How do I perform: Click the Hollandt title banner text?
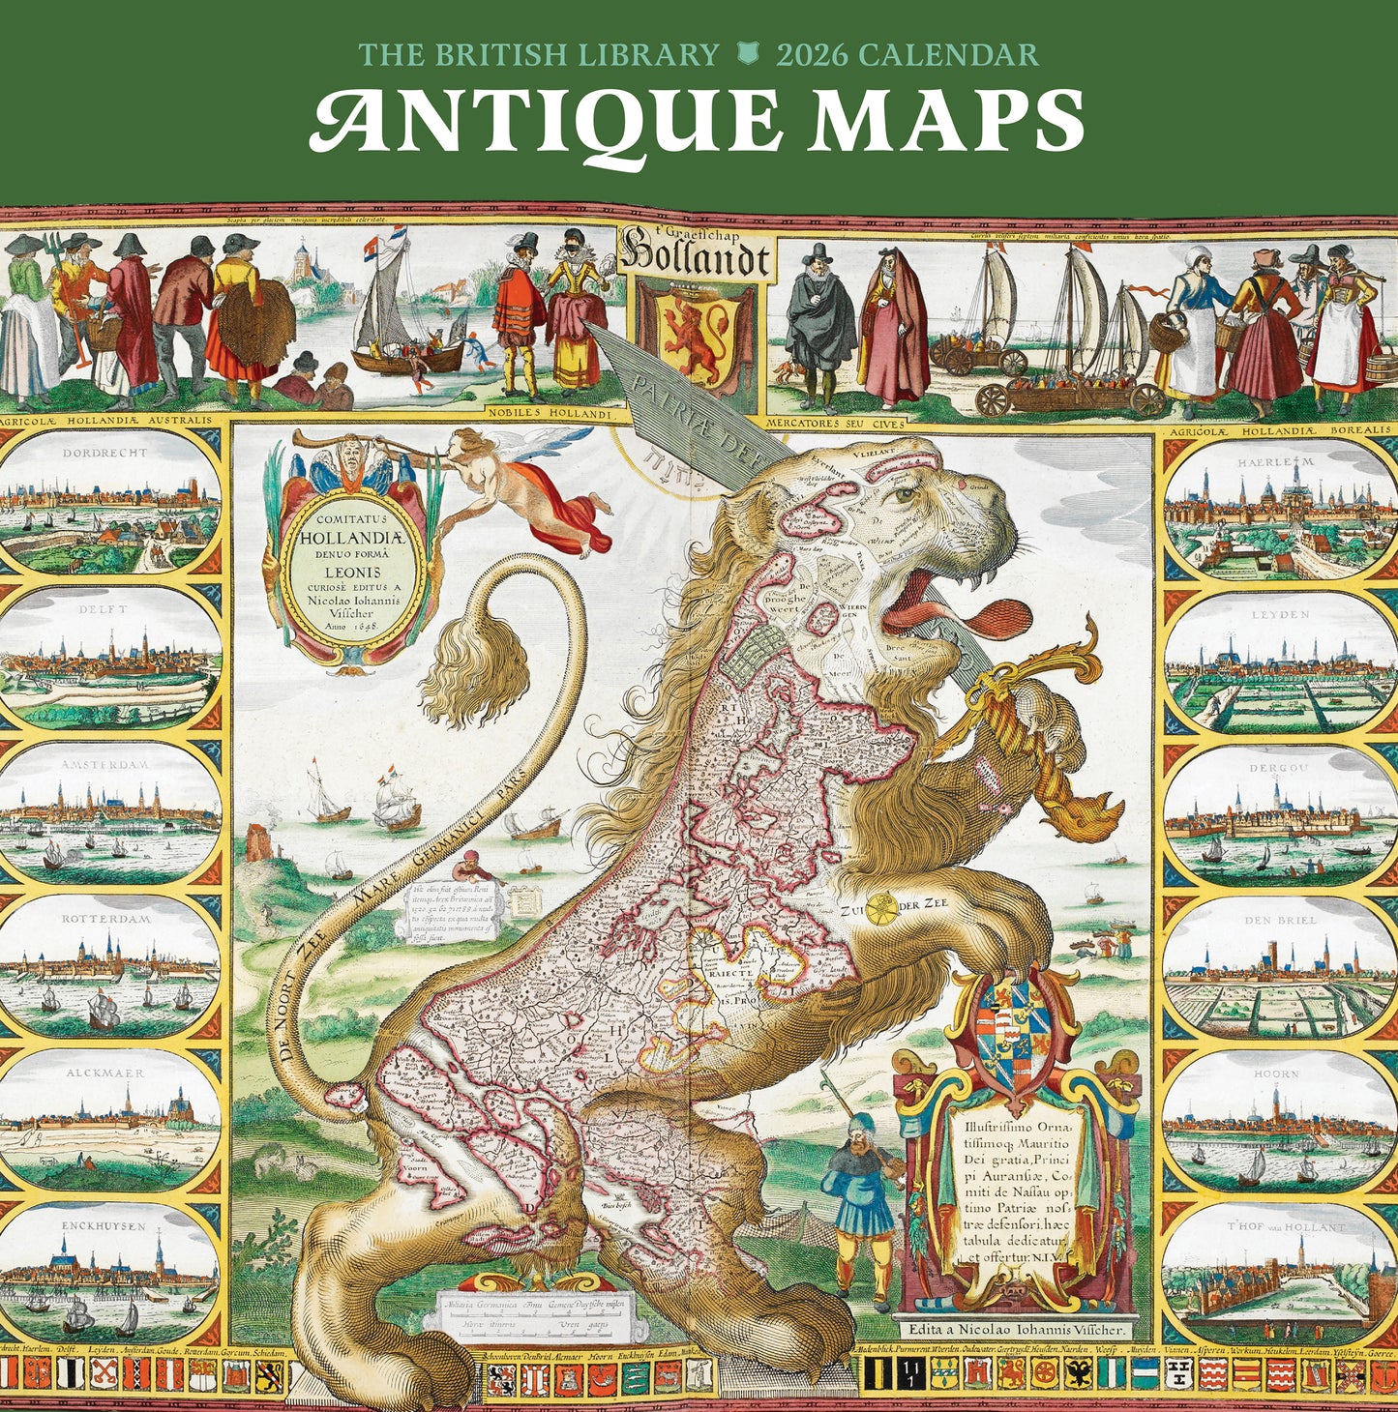coord(697,256)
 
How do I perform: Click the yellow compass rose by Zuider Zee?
coord(881,907)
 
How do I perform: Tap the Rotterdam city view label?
coord(106,919)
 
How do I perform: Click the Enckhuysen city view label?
coord(106,1225)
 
